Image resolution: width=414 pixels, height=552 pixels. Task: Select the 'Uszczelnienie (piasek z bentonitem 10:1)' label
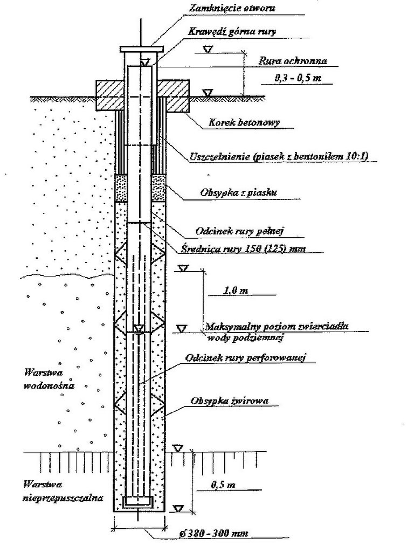(x=281, y=157)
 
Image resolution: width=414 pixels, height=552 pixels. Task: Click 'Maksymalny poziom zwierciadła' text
(x=278, y=326)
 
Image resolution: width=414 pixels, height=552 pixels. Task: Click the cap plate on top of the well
(x=140, y=49)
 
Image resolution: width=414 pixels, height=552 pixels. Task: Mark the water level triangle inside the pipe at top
(x=144, y=63)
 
